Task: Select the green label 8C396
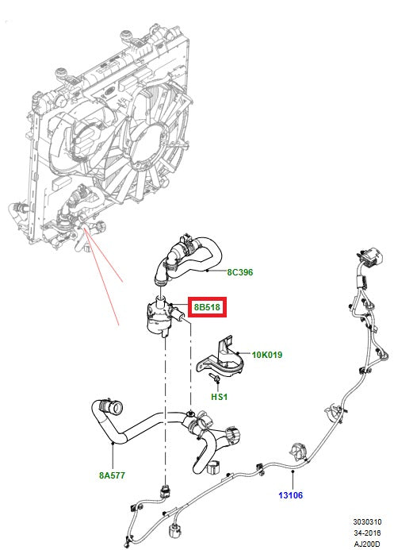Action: tap(239, 272)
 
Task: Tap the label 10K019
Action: tap(266, 355)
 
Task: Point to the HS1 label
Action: tap(220, 396)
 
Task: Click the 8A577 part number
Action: tap(113, 476)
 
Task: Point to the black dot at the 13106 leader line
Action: tap(293, 471)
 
